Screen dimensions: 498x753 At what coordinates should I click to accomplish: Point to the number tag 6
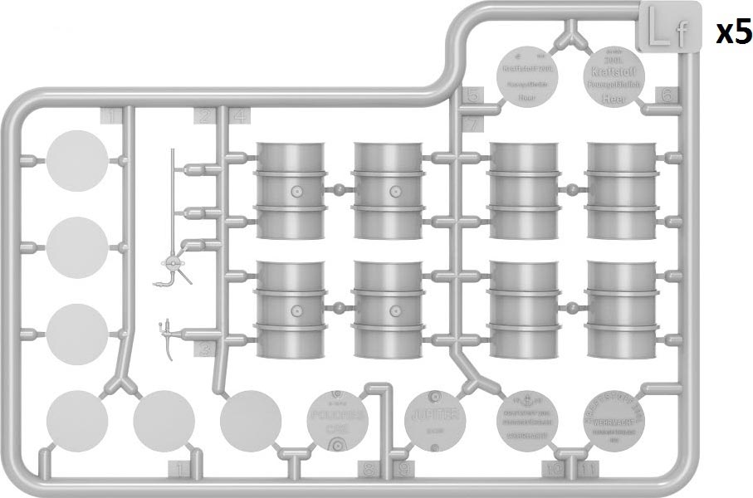pyautogui.click(x=667, y=95)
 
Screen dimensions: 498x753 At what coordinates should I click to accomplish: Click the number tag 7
pyautogui.click(x=471, y=124)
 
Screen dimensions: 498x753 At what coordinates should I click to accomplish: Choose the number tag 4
pyautogui.click(x=239, y=116)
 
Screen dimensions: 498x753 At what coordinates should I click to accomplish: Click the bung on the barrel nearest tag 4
pyautogui.click(x=295, y=192)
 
